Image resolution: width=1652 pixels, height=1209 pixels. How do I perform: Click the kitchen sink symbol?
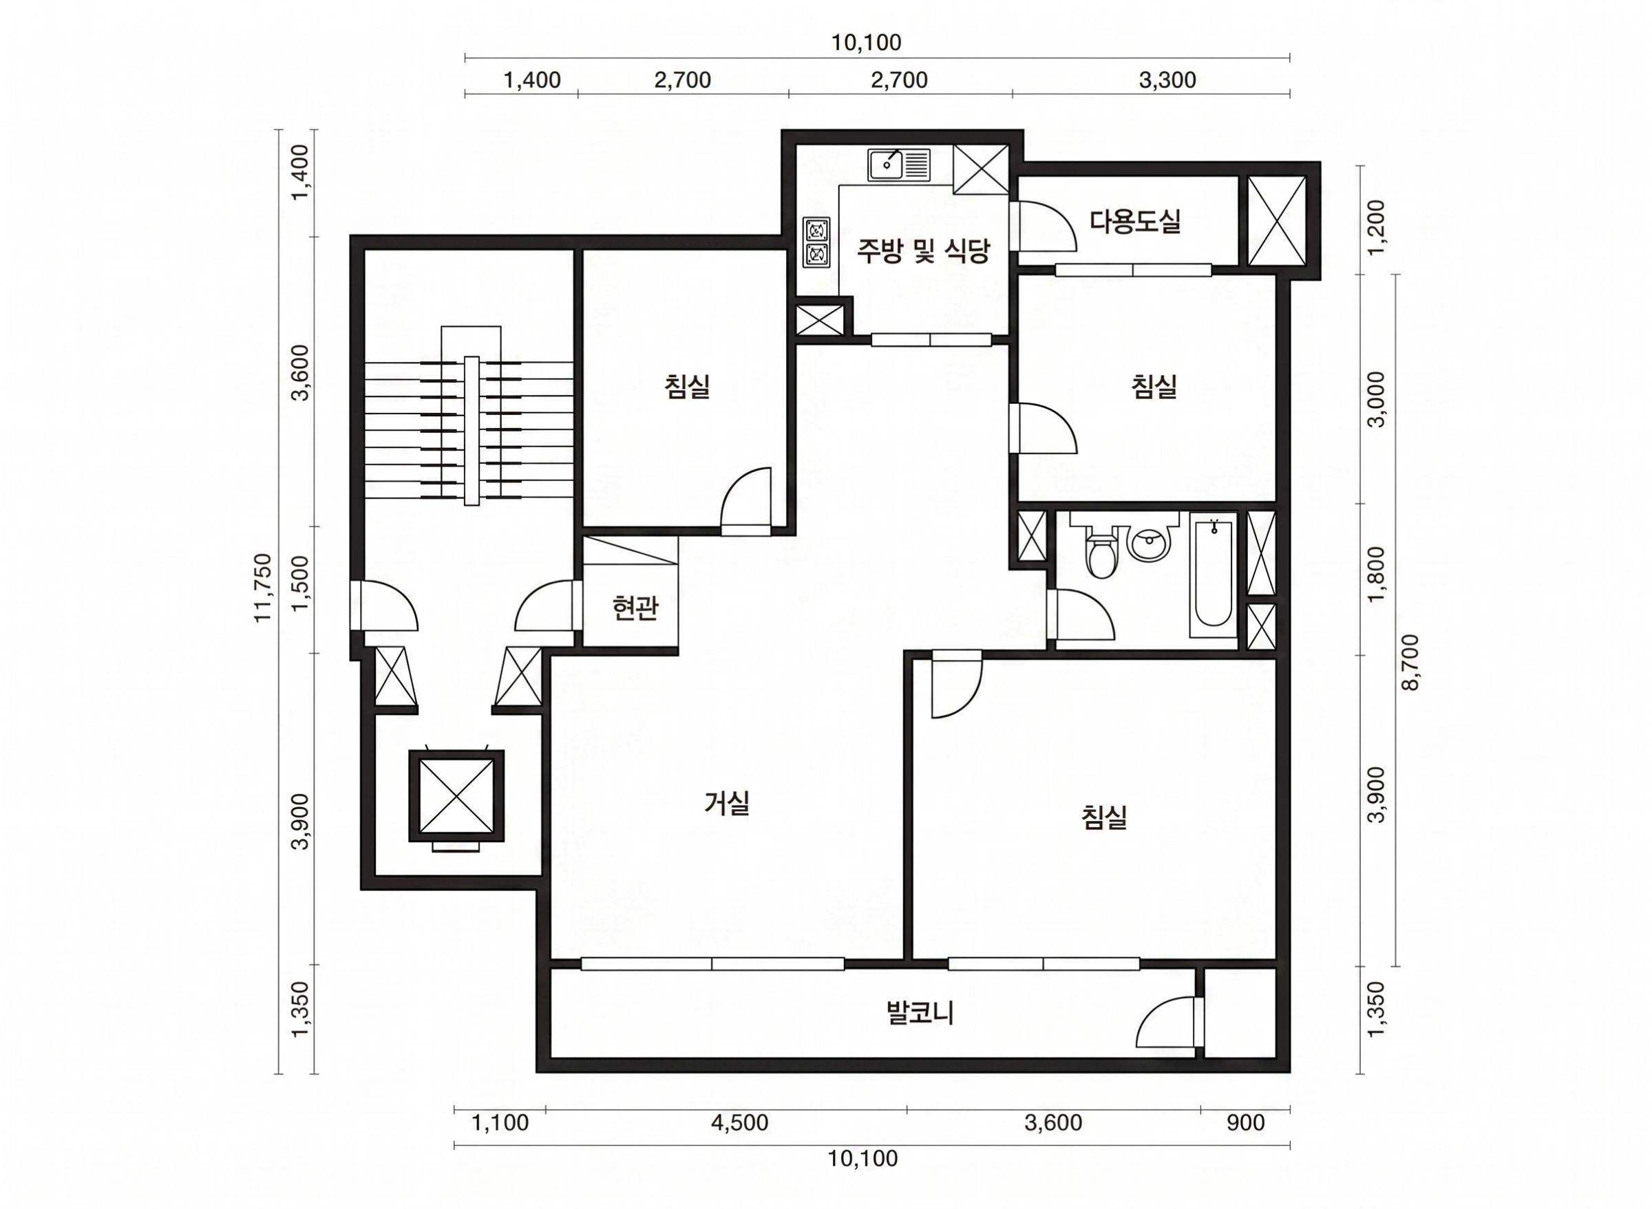900,164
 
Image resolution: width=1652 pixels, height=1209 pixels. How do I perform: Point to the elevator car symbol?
455,796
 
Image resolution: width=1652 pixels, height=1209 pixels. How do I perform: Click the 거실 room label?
726,804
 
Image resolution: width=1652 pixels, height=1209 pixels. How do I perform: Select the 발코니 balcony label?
920,1013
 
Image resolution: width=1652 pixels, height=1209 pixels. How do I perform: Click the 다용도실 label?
1134,220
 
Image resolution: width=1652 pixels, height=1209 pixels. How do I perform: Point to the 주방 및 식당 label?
924,251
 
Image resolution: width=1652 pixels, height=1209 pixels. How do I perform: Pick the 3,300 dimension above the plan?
1167,80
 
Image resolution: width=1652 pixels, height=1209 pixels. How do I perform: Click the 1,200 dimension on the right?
1377,226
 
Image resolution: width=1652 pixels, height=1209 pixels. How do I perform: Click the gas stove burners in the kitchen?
817,242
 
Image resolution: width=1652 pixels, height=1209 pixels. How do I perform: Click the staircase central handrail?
472,430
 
